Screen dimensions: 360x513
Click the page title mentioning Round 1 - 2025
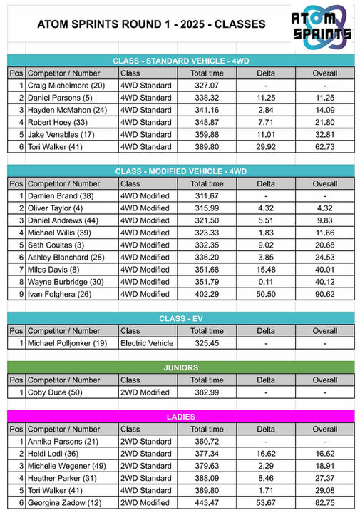[x=151, y=24]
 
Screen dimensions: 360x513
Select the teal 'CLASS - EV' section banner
[x=180, y=318]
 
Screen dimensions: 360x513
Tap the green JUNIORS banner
[x=180, y=367]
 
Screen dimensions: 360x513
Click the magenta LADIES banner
[x=180, y=417]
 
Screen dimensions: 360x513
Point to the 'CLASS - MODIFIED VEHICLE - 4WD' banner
[x=180, y=171]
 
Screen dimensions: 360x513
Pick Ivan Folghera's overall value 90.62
[x=325, y=294]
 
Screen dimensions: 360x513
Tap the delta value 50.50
[x=266, y=294]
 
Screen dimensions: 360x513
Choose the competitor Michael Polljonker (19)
[x=71, y=343]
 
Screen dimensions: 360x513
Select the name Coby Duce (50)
[x=57, y=392]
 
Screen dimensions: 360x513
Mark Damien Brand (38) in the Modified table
[x=61, y=195]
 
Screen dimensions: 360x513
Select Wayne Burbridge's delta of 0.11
[x=266, y=281]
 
